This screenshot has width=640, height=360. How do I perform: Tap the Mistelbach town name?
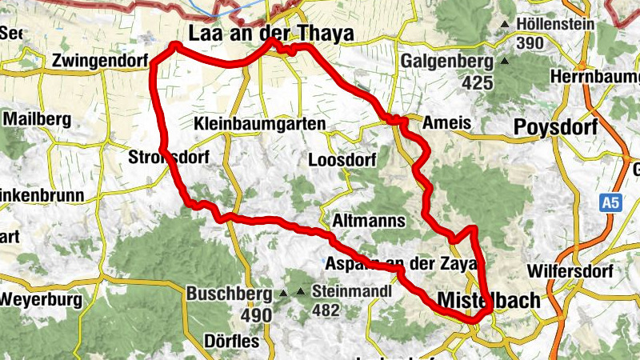tap(489, 300)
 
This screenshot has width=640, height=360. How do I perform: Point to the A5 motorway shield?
tap(611, 204)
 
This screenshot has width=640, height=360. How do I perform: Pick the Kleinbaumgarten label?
tap(260, 124)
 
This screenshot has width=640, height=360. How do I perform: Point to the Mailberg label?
tap(38, 119)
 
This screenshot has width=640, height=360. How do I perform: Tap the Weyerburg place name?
tap(42, 300)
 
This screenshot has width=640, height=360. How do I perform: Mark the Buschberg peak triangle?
tap(283, 294)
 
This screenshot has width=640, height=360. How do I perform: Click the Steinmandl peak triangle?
tap(301, 292)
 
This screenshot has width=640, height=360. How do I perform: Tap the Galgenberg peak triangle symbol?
tap(504, 61)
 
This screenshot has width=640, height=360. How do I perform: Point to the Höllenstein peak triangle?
tap(505, 25)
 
